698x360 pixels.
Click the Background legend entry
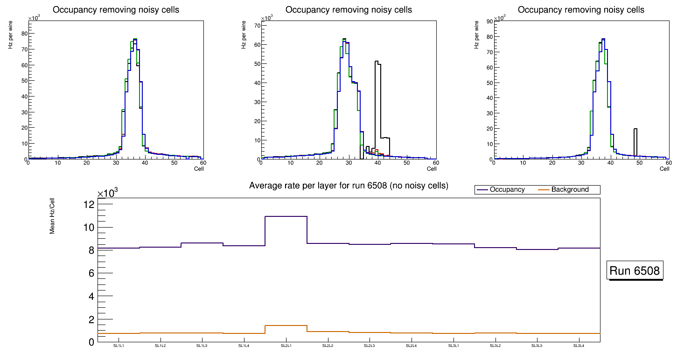pyautogui.click(x=570, y=190)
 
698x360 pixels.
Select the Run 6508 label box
pyautogui.click(x=635, y=271)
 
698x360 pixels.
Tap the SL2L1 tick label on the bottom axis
pyautogui.click(x=286, y=346)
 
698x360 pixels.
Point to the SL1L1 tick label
pyautogui.click(x=119, y=346)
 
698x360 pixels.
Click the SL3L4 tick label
pyautogui.click(x=579, y=346)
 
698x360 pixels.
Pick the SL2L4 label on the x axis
pyautogui.click(x=411, y=346)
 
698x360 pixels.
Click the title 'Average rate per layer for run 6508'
pyautogui.click(x=349, y=186)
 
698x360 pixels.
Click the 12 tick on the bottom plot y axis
pyautogui.click(x=89, y=204)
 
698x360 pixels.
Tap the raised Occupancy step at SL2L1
pyautogui.click(x=286, y=216)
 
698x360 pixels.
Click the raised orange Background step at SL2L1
pyautogui.click(x=286, y=325)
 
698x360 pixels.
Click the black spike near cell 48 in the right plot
pyautogui.click(x=635, y=135)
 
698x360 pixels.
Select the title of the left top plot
pyautogui.click(x=116, y=10)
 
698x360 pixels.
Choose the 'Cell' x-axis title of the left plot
pyautogui.click(x=199, y=169)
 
